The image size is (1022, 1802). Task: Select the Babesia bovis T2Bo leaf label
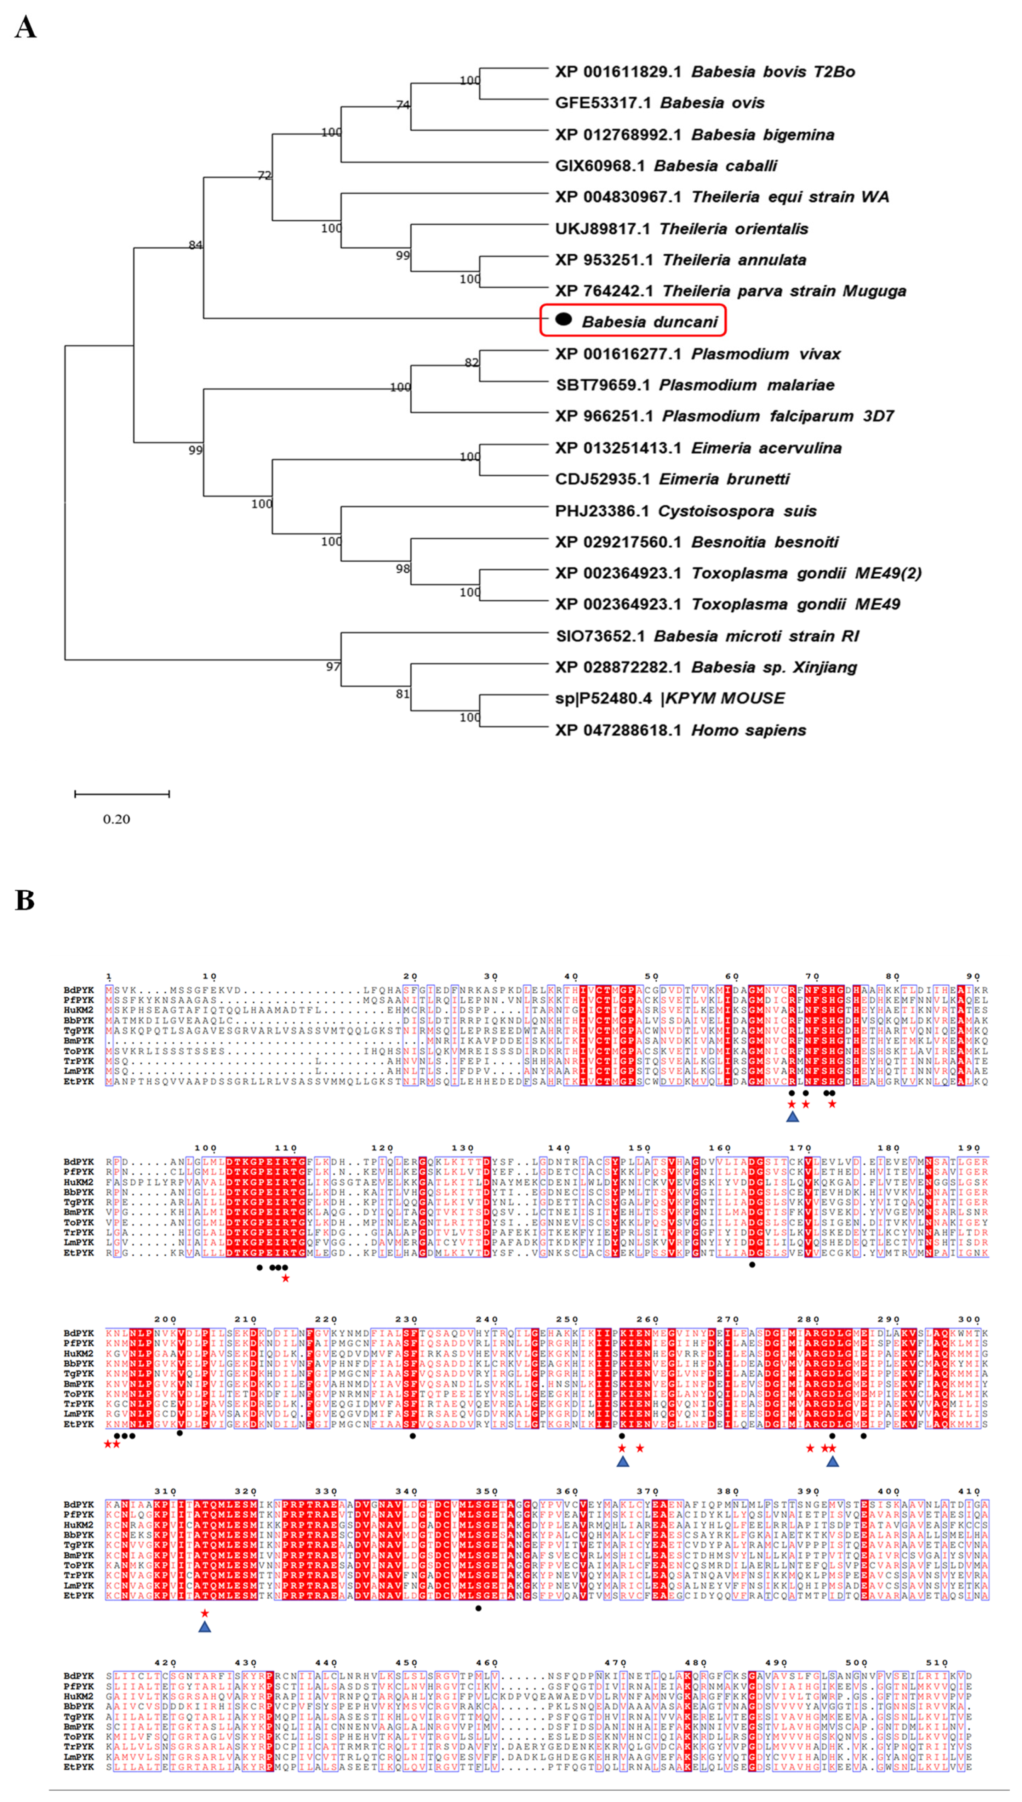[x=705, y=72]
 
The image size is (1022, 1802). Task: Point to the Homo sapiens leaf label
[x=680, y=730]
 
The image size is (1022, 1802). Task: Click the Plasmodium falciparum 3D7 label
[x=724, y=416]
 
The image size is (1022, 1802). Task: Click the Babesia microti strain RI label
[x=707, y=636]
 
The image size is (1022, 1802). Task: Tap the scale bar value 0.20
[x=116, y=819]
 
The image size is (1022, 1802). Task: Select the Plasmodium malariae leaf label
[x=694, y=385]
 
